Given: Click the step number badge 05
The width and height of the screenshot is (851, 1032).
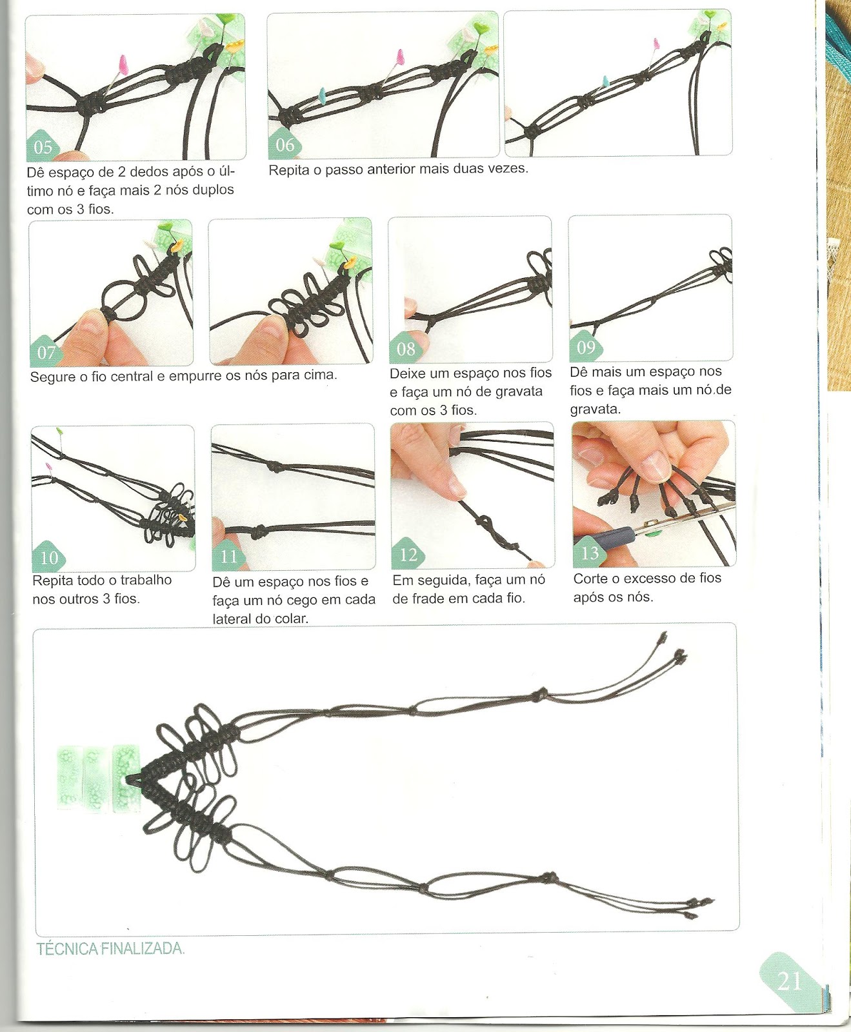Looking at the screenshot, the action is [x=43, y=146].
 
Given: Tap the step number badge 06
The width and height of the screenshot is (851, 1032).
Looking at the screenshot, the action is [x=285, y=144].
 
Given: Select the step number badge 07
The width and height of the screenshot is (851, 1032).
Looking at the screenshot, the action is [x=46, y=352].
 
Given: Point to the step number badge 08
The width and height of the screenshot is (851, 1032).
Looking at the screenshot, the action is [x=405, y=348].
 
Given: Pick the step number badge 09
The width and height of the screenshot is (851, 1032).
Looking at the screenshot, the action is [x=586, y=347].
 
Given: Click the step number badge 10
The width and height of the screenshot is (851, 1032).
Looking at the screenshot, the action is [x=49, y=557].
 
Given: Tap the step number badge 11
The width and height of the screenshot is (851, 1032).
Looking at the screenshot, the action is [x=229, y=555].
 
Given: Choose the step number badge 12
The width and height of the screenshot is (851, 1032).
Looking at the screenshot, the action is [x=408, y=554].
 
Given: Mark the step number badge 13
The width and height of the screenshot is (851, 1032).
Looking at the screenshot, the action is [x=590, y=553].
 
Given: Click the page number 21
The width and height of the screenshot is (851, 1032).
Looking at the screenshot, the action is [x=789, y=981].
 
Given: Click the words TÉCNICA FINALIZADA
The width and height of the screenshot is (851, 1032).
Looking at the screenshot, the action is [x=110, y=949].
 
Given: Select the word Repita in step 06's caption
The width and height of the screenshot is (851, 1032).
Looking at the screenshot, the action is [x=288, y=170].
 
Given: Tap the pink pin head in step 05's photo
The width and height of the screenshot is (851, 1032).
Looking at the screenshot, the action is [x=122, y=64].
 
